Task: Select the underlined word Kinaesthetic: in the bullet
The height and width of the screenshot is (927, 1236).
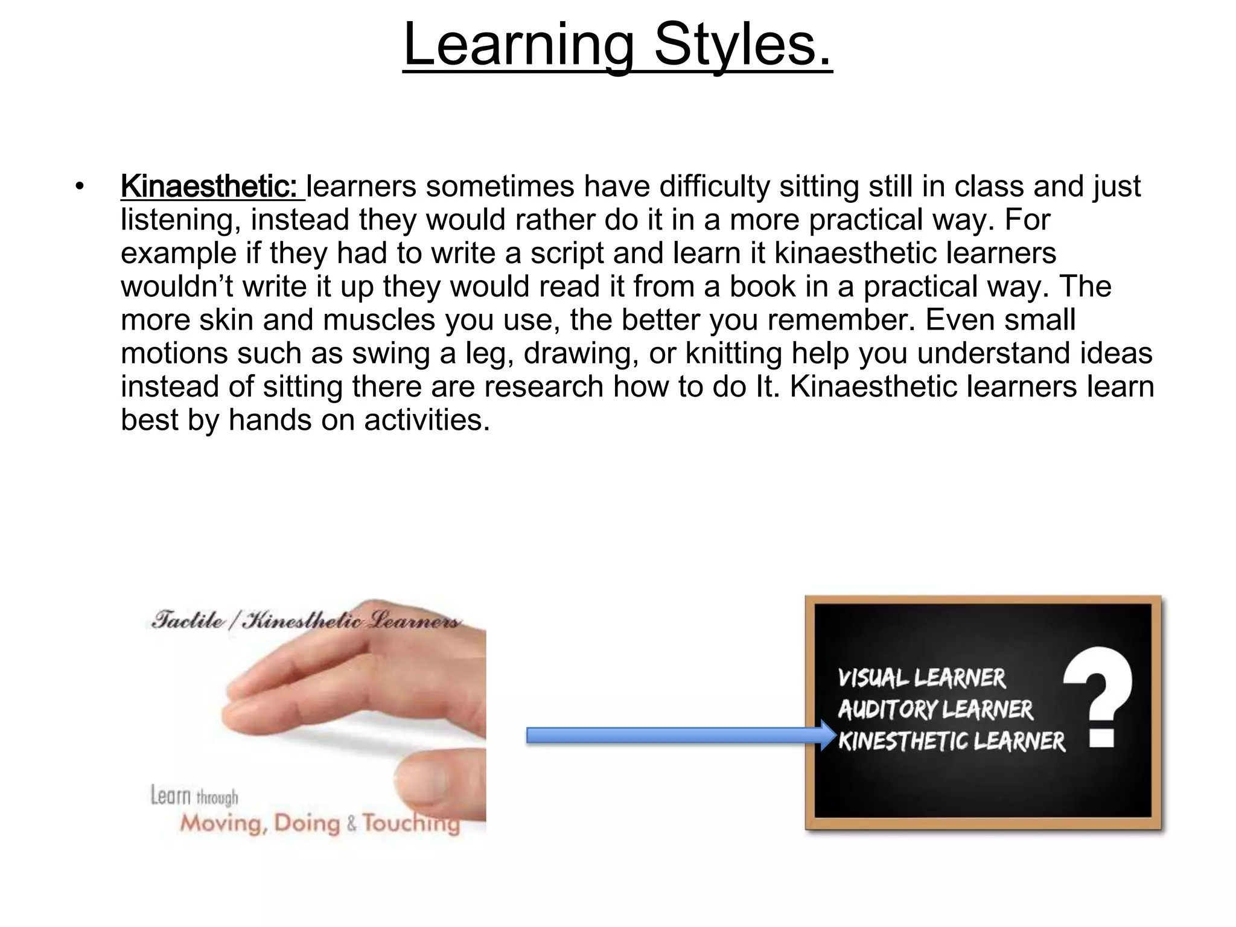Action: point(208,186)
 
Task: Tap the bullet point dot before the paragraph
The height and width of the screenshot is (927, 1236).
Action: point(79,186)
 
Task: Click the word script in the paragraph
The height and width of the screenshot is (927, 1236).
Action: point(567,253)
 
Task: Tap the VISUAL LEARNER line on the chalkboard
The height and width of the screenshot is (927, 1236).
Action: point(922,678)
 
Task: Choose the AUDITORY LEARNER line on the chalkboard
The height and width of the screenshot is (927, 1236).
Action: point(935,710)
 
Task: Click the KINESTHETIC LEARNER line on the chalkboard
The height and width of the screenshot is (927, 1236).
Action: point(952,741)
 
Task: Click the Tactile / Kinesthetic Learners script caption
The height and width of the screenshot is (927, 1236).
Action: point(305,620)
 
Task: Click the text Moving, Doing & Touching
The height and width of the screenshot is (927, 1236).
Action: point(320,823)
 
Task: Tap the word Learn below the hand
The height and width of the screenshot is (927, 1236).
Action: point(170,795)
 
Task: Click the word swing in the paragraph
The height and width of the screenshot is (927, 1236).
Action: point(390,353)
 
